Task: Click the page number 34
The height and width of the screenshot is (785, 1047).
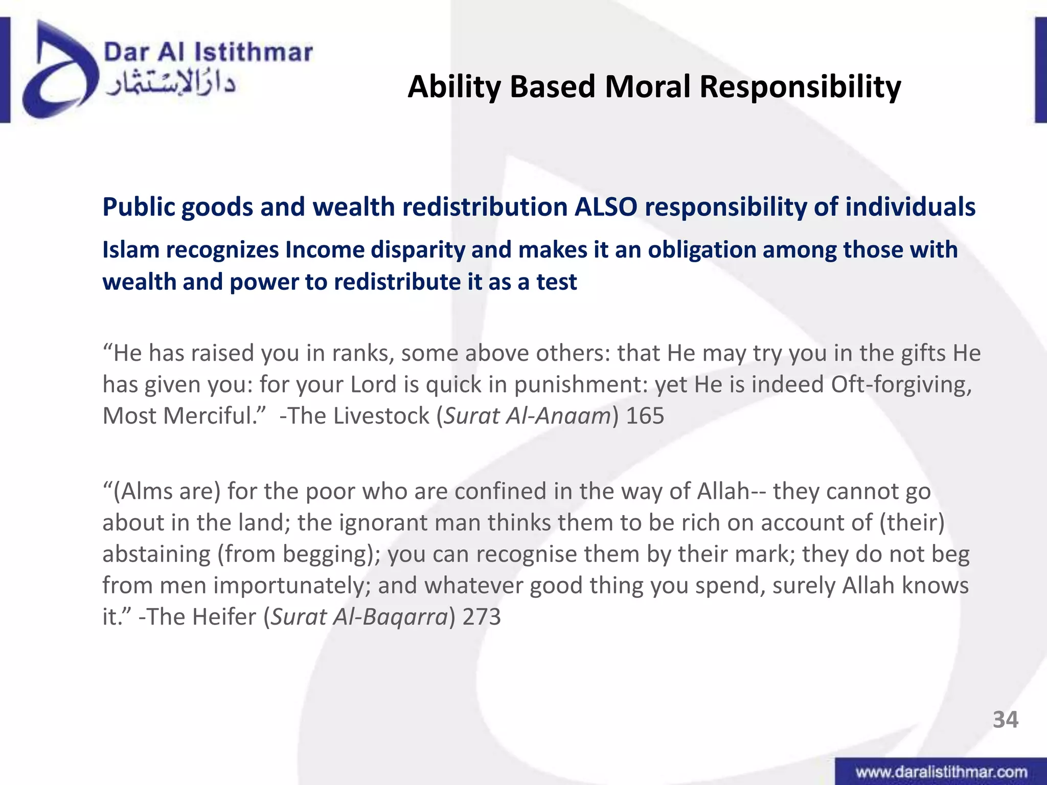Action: pyautogui.click(x=1005, y=720)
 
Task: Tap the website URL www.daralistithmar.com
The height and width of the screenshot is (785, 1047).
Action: pyautogui.click(x=941, y=772)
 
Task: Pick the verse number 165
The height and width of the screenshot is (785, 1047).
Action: pyautogui.click(x=645, y=416)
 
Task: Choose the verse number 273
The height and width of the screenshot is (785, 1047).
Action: pyautogui.click(x=482, y=617)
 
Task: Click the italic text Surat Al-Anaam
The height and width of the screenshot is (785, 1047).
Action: pyautogui.click(x=527, y=416)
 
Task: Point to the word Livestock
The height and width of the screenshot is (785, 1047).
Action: pyautogui.click(x=381, y=416)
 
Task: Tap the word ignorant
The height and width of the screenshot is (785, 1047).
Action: pyautogui.click(x=383, y=523)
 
